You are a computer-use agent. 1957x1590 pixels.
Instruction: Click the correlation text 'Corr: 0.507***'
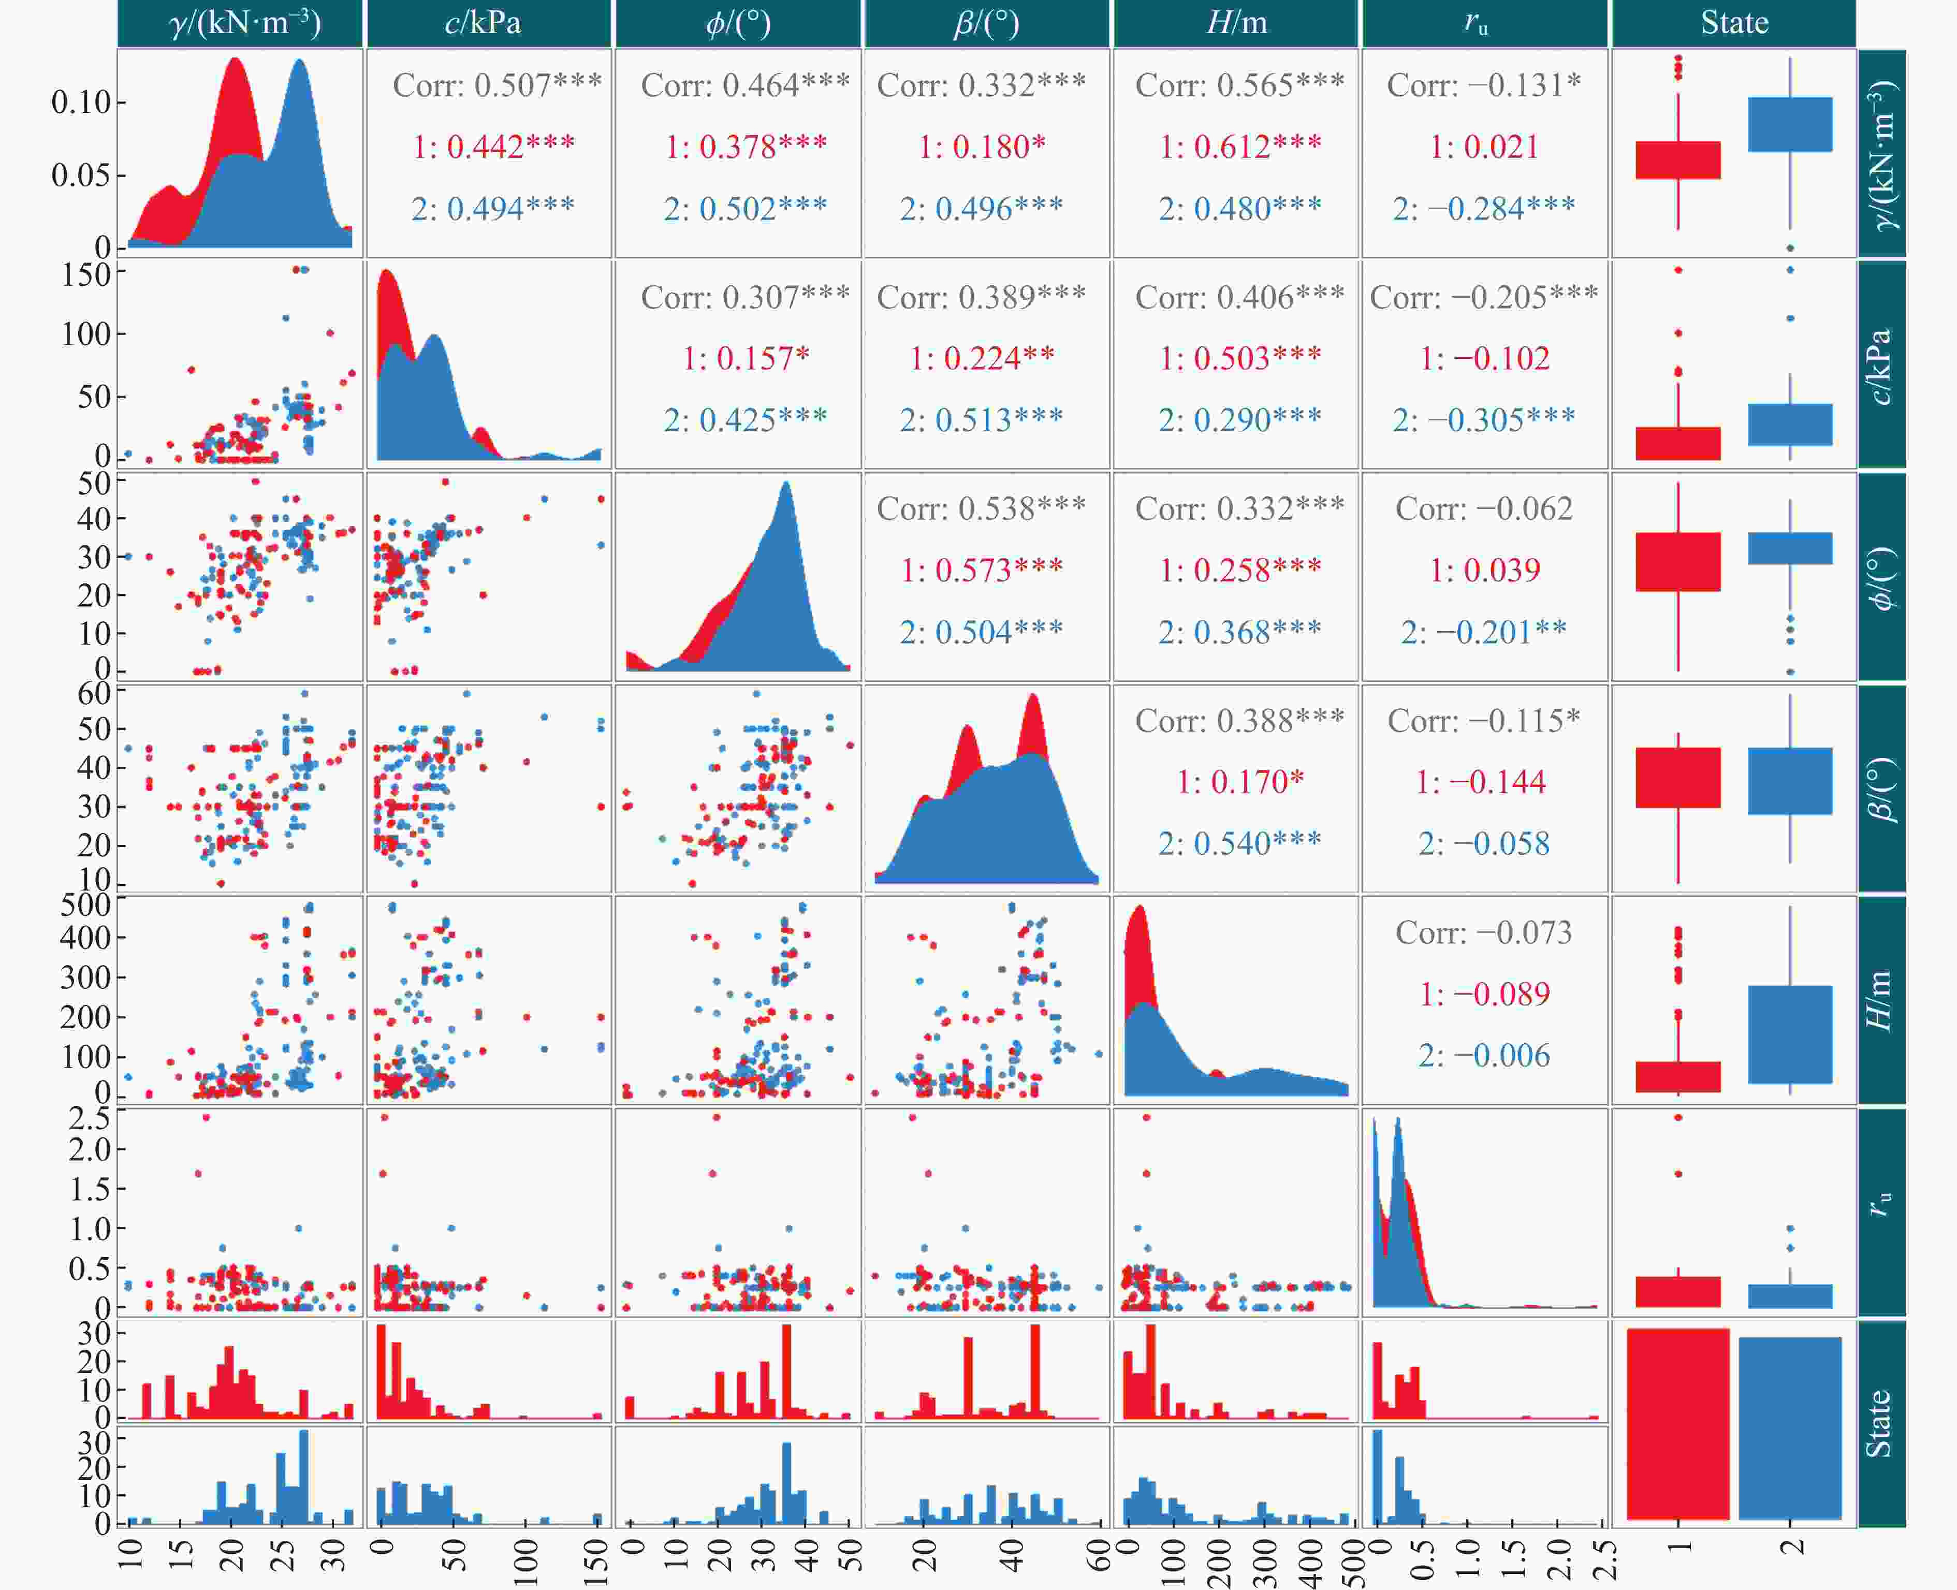496,85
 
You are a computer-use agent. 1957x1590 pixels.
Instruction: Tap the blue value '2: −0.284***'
1484,209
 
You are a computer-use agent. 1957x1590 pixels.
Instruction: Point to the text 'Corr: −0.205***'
1484,297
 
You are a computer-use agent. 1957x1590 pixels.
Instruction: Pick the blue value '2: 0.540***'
1240,842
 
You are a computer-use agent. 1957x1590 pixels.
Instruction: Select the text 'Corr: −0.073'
1484,932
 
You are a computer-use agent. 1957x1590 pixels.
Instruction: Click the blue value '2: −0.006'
1484,1055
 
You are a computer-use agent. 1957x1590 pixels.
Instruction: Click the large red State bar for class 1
1678,1423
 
